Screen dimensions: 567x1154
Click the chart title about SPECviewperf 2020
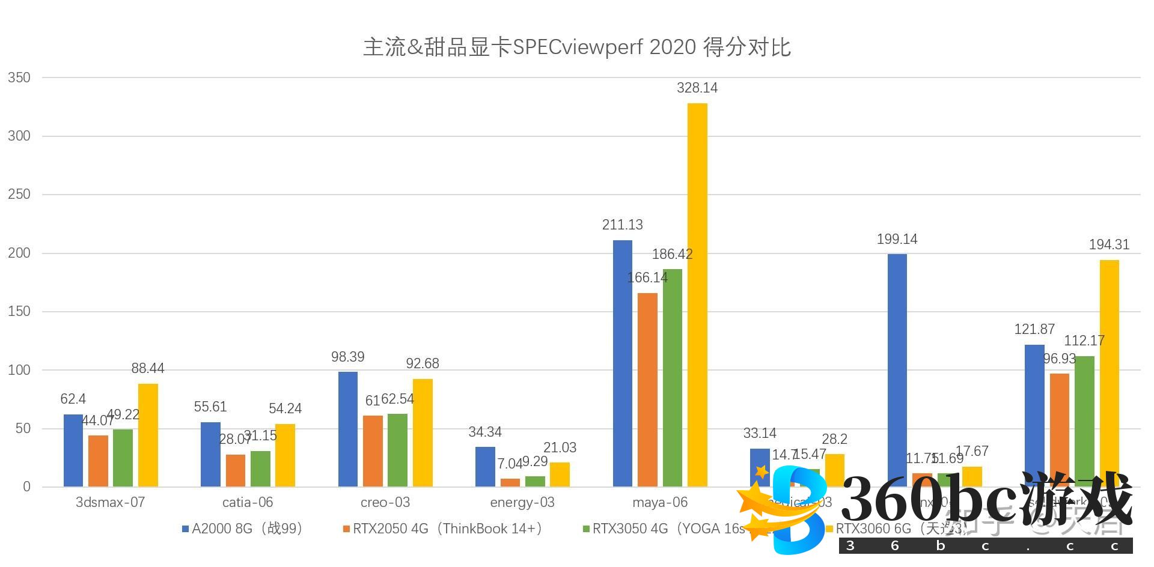click(576, 47)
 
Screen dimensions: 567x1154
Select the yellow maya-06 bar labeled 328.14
click(697, 294)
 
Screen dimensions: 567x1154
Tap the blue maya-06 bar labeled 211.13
click(623, 363)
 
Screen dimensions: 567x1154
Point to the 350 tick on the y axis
click(19, 77)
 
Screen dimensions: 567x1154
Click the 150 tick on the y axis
click(19, 311)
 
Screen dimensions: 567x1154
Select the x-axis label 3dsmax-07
click(110, 502)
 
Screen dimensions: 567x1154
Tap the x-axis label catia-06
click(248, 502)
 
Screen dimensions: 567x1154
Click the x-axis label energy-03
click(522, 502)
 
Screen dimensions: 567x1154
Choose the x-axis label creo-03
click(385, 502)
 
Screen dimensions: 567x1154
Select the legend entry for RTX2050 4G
click(442, 529)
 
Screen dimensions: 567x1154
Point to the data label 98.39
click(347, 357)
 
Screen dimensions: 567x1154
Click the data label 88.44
click(148, 368)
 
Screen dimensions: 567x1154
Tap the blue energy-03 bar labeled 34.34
click(485, 466)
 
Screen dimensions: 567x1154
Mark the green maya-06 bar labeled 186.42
click(673, 377)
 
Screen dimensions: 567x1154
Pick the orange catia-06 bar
click(236, 470)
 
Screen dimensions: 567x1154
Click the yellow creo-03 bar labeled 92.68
click(423, 432)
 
